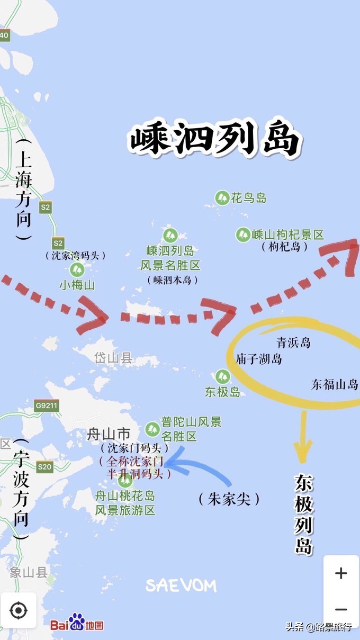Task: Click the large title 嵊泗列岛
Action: click(x=215, y=140)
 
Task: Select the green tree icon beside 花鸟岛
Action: click(x=222, y=199)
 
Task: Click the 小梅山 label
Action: click(x=77, y=285)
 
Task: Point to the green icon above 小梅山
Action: click(x=77, y=269)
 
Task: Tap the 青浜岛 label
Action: click(x=293, y=342)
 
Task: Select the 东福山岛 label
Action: click(x=335, y=385)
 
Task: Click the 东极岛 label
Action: click(x=222, y=392)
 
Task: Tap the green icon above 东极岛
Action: click(x=222, y=377)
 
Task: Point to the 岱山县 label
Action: click(x=113, y=358)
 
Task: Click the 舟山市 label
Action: click(x=109, y=435)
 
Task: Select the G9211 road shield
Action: click(x=47, y=407)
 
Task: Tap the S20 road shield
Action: click(x=45, y=466)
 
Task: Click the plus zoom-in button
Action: click(x=341, y=573)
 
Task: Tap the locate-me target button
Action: click(x=19, y=610)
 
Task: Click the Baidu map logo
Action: click(x=77, y=624)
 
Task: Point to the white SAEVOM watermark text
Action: click(x=181, y=585)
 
